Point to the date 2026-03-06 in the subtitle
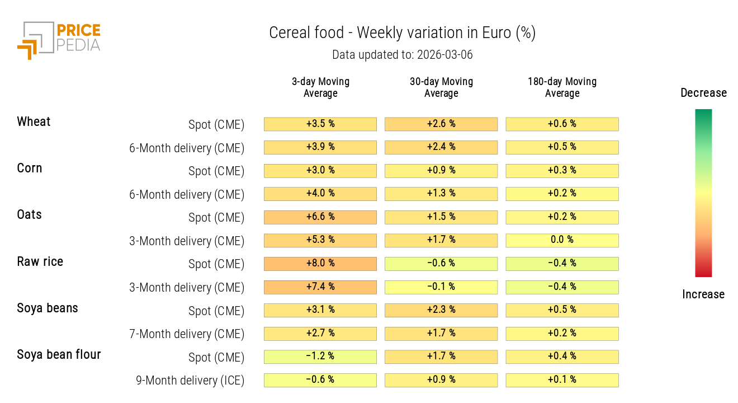pyautogui.click(x=444, y=55)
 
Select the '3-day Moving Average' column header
pyautogui.click(x=320, y=87)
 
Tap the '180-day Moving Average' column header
pyautogui.click(x=562, y=87)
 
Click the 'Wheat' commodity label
pyautogui.click(x=34, y=122)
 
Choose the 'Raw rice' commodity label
pyautogui.click(x=40, y=262)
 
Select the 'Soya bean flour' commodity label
pyautogui.click(x=59, y=355)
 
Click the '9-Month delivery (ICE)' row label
pyautogui.click(x=190, y=381)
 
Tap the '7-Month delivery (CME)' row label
pyautogui.click(x=187, y=334)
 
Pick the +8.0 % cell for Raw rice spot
pyautogui.click(x=320, y=264)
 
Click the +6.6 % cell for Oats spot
pyautogui.click(x=320, y=217)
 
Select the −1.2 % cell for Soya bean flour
pyautogui.click(x=320, y=357)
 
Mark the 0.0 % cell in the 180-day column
pyautogui.click(x=562, y=240)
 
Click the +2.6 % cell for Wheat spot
pyautogui.click(x=441, y=124)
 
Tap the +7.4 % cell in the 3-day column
pyautogui.click(x=320, y=287)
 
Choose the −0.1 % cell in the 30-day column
pyautogui.click(x=441, y=287)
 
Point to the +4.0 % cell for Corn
pyautogui.click(x=320, y=194)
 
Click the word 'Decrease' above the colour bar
pyautogui.click(x=703, y=93)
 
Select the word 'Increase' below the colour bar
pyautogui.click(x=703, y=294)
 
